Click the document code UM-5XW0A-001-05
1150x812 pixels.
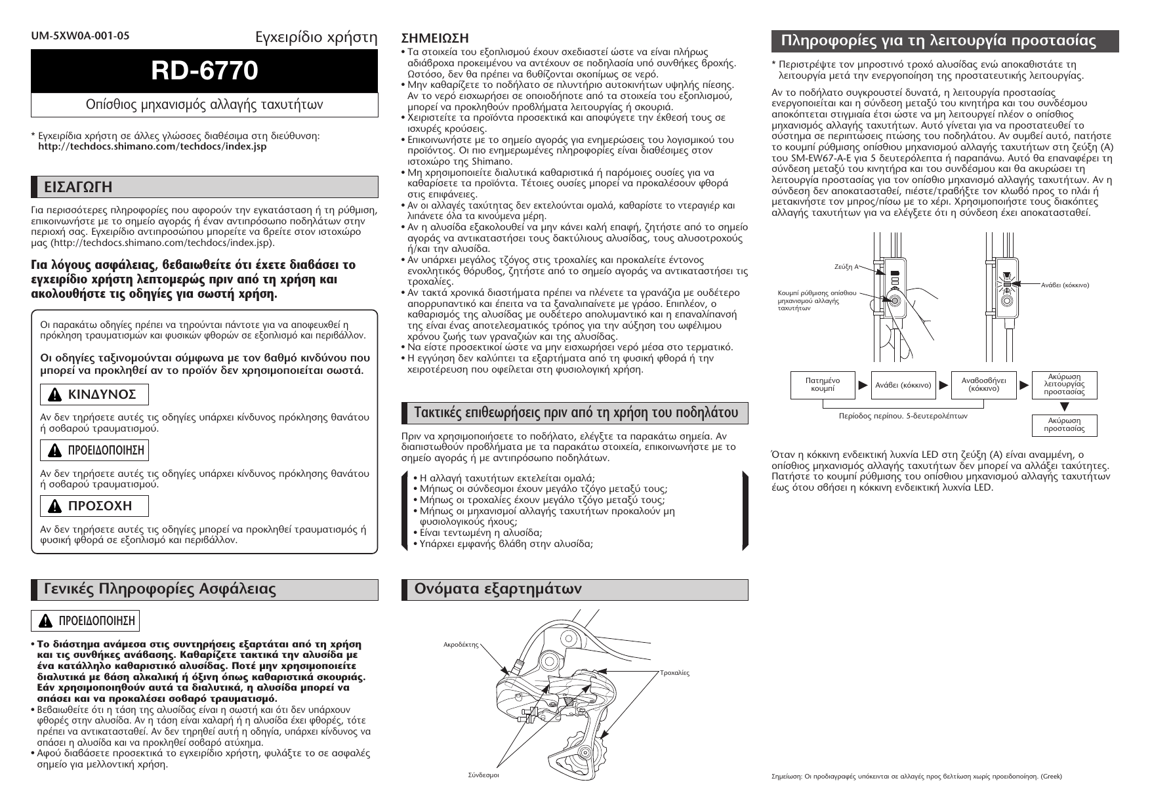80,36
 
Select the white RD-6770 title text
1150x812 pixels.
205,71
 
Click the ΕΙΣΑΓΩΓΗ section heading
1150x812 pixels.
78,187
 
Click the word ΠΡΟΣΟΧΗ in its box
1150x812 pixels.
100,506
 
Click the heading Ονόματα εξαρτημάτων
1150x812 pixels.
498,589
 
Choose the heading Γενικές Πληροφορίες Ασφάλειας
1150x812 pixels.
160,589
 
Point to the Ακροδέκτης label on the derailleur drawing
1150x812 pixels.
461,645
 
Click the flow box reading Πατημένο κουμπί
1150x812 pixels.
822,385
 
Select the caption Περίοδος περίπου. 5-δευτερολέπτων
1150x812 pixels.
903,416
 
